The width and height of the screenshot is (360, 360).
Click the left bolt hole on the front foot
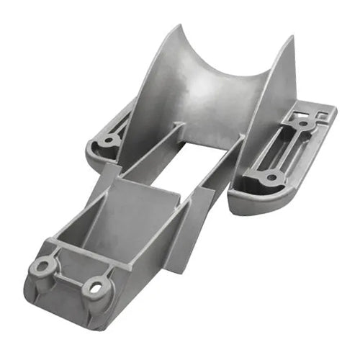click(42, 268)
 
